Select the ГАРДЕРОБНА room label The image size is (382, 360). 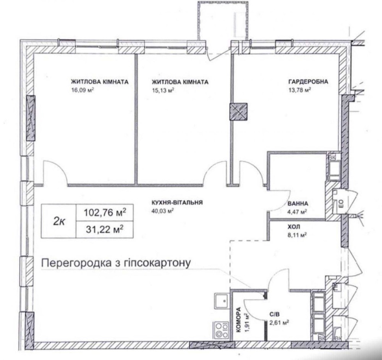pos(308,82)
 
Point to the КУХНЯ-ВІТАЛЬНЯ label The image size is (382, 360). pos(177,202)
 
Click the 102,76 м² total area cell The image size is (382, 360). pos(105,213)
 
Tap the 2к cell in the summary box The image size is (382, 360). pos(59,221)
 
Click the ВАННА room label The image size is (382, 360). pos(298,203)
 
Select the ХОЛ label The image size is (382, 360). pos(294,227)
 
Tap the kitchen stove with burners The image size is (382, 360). pos(221,330)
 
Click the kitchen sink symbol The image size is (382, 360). pos(221,301)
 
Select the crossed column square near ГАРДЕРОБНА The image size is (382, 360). pos(238,112)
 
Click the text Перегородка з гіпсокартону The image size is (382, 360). pos(116,263)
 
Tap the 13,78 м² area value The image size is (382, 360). pos(299,90)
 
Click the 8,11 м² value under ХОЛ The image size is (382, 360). pos(297,235)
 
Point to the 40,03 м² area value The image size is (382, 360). pos(162,211)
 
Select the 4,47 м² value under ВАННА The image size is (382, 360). pos(297,212)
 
